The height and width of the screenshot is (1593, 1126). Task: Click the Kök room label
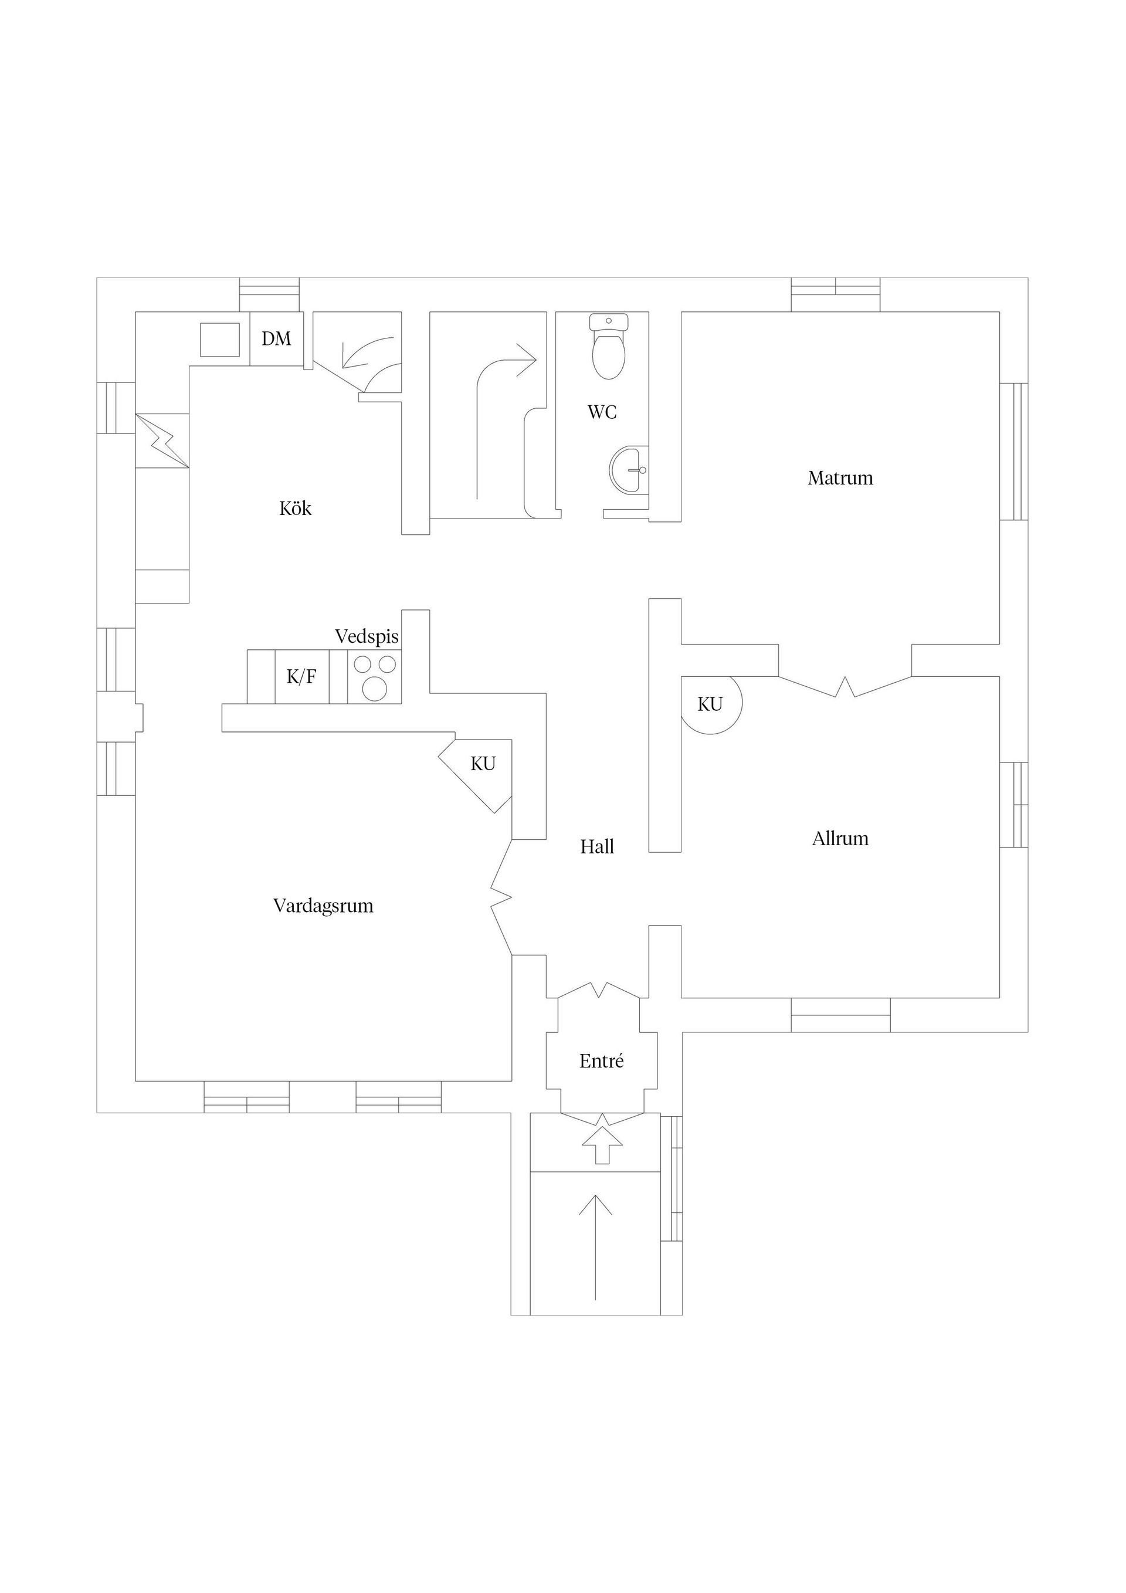(295, 509)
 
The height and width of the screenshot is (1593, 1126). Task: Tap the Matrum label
(840, 478)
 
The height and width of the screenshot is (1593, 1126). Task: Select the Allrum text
(840, 839)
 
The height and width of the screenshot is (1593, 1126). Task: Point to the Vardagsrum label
(323, 906)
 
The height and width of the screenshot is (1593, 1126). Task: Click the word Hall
(598, 846)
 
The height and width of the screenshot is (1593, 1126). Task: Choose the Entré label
(602, 1061)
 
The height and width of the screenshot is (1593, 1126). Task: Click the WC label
(602, 412)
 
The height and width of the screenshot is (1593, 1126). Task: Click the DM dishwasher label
(276, 338)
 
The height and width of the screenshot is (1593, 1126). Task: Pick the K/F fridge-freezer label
(302, 676)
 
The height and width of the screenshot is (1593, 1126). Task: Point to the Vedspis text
(367, 636)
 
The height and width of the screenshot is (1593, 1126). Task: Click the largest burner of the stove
(375, 689)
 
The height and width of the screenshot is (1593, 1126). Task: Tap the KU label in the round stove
(710, 704)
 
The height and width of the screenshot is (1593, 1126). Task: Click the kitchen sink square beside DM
(220, 339)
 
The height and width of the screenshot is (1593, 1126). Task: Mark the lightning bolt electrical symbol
(164, 440)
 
